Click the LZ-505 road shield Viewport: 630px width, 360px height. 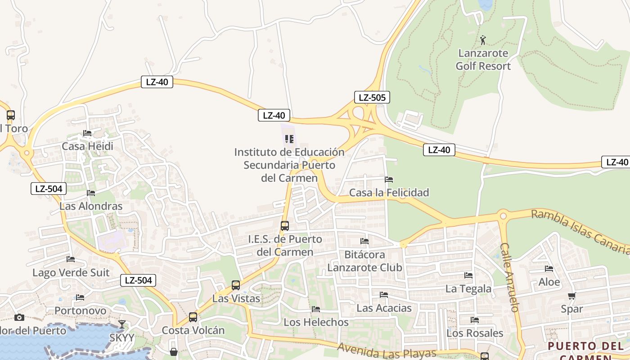(x=372, y=97)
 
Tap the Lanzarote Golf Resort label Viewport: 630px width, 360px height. (x=483, y=60)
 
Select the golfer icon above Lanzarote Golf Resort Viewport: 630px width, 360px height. (x=483, y=40)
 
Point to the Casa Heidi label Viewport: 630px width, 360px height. (x=87, y=146)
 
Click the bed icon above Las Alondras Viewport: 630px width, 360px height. (x=91, y=193)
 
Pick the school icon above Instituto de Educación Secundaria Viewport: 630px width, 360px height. (x=289, y=139)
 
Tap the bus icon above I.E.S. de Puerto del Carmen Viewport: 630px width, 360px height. (x=285, y=226)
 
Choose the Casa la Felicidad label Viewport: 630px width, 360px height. (x=389, y=193)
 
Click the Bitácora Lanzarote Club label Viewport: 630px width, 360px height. (x=364, y=261)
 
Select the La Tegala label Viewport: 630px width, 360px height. (x=468, y=288)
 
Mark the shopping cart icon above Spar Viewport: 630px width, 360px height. (x=571, y=296)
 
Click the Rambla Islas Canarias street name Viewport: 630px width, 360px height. (x=580, y=232)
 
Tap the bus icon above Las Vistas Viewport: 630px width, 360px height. (x=236, y=285)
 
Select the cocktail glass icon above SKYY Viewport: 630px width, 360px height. (x=122, y=324)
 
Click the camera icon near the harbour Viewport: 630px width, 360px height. (x=19, y=317)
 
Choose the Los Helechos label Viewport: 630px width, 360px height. (x=316, y=322)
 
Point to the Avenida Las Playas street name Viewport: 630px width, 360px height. (x=387, y=351)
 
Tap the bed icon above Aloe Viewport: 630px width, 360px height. (x=549, y=269)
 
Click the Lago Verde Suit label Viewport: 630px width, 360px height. (x=71, y=272)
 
